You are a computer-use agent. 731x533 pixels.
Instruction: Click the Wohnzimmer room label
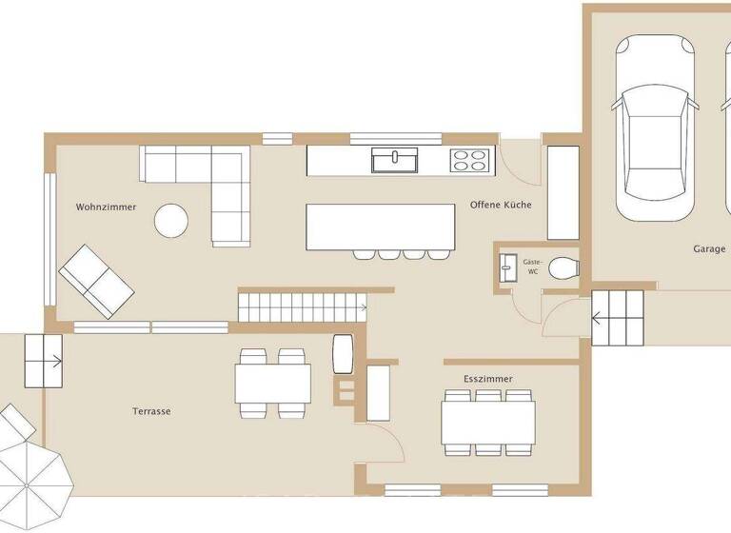(107, 207)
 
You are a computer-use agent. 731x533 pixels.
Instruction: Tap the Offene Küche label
(501, 206)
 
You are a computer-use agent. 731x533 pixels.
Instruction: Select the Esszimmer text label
(488, 378)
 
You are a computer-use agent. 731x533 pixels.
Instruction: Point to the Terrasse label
(151, 411)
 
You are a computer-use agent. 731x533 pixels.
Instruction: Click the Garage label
(709, 248)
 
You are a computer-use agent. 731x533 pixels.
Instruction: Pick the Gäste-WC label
(533, 266)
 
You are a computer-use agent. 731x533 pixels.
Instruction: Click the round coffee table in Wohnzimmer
(172, 221)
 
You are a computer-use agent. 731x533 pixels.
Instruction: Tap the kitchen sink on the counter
(393, 160)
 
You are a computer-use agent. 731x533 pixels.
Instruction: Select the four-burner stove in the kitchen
(469, 160)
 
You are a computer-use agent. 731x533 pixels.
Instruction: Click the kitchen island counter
(379, 227)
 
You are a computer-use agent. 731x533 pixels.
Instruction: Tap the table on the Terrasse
(272, 384)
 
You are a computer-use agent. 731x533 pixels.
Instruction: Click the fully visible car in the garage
(652, 128)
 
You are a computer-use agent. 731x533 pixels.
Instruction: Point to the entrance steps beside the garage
(618, 319)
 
